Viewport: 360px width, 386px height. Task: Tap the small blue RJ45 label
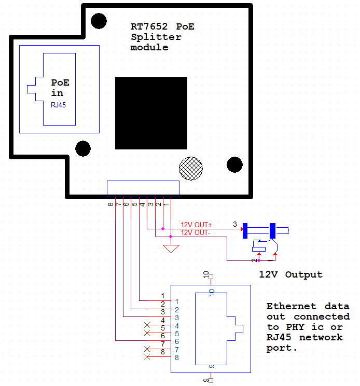(58, 104)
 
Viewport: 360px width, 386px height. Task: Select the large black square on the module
(151, 113)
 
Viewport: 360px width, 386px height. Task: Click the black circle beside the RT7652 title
(99, 21)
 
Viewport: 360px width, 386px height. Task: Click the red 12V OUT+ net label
(196, 225)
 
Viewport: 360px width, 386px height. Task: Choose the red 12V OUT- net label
(196, 232)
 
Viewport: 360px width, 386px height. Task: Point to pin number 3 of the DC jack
(234, 225)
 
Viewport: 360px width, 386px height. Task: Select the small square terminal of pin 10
(211, 277)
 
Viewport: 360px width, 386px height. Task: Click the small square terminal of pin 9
(211, 380)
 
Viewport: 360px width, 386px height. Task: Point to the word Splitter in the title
(156, 37)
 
